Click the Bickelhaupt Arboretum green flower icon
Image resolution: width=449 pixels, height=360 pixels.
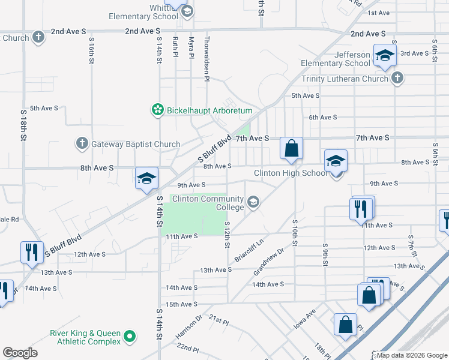coord(157,110)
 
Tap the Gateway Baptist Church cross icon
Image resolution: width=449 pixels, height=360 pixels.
coord(82,144)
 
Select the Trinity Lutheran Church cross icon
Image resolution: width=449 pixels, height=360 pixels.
coord(397,78)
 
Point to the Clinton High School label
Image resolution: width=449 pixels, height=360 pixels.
coord(291,173)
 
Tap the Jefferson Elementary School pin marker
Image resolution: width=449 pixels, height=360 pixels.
coord(384,56)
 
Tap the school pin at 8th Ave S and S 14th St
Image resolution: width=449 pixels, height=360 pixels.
coord(146,178)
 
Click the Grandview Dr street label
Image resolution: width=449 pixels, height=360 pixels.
coord(268,261)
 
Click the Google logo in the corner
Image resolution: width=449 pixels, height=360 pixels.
coord(20,352)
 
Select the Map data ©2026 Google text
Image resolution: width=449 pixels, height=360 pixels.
coord(411,355)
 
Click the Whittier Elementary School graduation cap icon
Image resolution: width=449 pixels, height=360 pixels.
coord(187,11)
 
